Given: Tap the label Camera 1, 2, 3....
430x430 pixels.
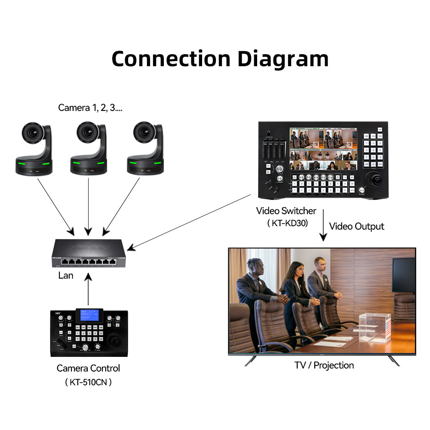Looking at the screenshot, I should [90, 107].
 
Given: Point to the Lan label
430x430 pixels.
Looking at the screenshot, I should [66, 276].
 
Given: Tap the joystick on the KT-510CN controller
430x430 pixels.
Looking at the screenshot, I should [116, 341].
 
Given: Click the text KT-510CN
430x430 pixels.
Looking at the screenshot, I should [89, 382].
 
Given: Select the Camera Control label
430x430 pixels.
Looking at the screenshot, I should [88, 369].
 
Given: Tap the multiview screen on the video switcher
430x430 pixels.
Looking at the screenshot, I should [323, 148].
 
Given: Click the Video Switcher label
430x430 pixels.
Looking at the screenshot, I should [286, 211].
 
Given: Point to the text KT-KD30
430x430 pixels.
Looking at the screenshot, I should [287, 223].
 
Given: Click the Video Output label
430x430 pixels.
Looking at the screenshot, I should [356, 226].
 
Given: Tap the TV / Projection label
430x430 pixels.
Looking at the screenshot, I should [324, 365].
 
